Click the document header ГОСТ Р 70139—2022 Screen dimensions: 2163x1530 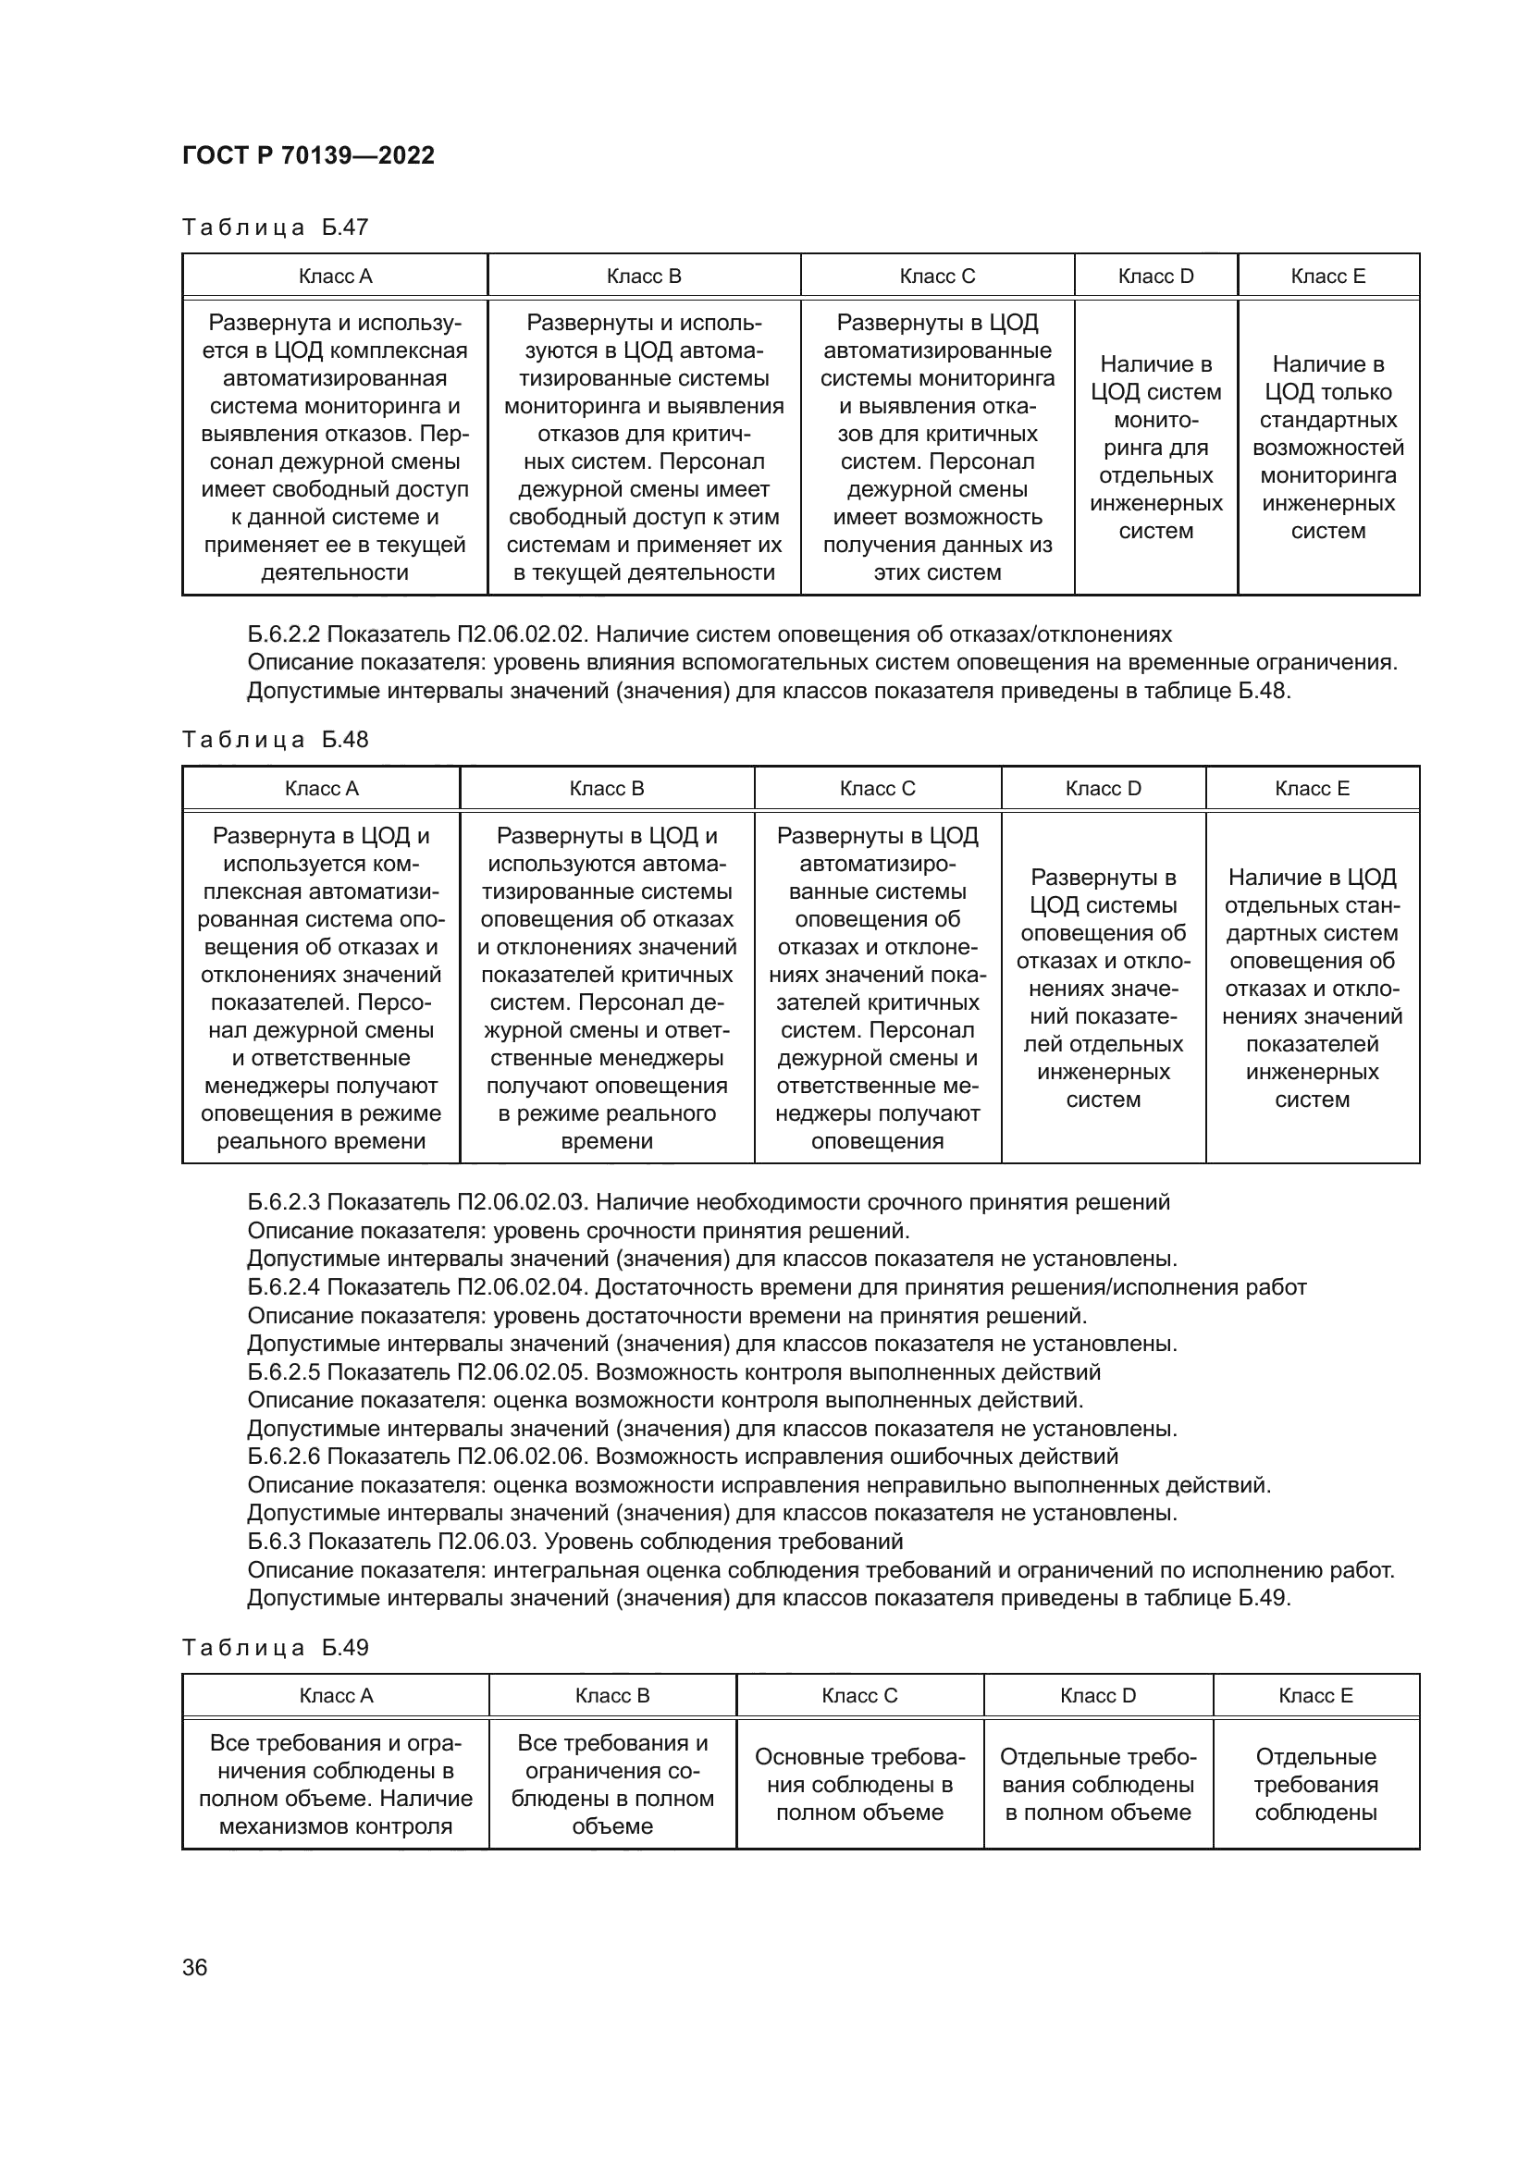(x=308, y=155)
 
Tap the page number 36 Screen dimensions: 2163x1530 (x=195, y=1967)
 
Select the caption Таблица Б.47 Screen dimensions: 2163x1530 (x=275, y=227)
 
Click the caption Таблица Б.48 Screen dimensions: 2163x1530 (x=275, y=740)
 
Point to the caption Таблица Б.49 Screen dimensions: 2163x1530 (x=275, y=1648)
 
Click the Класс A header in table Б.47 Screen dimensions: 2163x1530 (x=336, y=276)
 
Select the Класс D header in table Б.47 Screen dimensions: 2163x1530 (x=1155, y=276)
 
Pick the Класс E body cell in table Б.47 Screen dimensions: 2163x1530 (x=1327, y=448)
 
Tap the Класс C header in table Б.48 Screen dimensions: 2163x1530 (x=877, y=789)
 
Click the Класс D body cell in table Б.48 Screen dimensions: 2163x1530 (x=1104, y=989)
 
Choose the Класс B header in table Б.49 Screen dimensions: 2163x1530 (x=612, y=1696)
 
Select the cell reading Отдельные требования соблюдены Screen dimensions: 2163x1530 (x=1315, y=1784)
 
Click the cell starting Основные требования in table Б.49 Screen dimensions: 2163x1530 (x=859, y=1784)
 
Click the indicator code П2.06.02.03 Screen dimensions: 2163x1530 (x=523, y=1202)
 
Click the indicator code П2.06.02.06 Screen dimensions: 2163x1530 (x=523, y=1456)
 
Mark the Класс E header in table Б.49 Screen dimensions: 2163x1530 (x=1315, y=1696)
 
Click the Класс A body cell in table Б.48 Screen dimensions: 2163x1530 (x=321, y=989)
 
